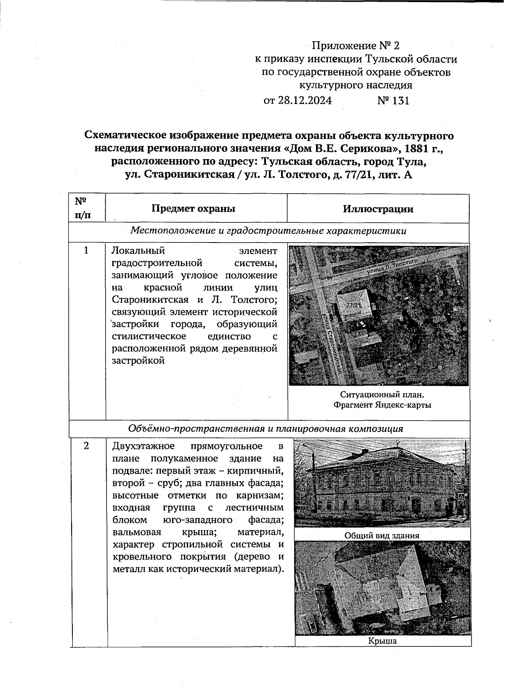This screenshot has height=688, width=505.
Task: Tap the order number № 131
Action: click(393, 101)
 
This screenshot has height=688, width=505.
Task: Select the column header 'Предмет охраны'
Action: click(193, 208)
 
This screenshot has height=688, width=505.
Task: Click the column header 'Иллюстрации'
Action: click(378, 209)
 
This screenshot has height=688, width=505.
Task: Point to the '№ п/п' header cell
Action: click(83, 208)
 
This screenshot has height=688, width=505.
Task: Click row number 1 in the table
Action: click(86, 251)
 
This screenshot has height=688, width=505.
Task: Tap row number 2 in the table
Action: click(86, 446)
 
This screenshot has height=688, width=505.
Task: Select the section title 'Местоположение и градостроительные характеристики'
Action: click(268, 231)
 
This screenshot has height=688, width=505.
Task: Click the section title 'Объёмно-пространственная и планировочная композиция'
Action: click(266, 429)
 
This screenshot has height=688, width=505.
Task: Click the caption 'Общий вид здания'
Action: click(382, 536)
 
